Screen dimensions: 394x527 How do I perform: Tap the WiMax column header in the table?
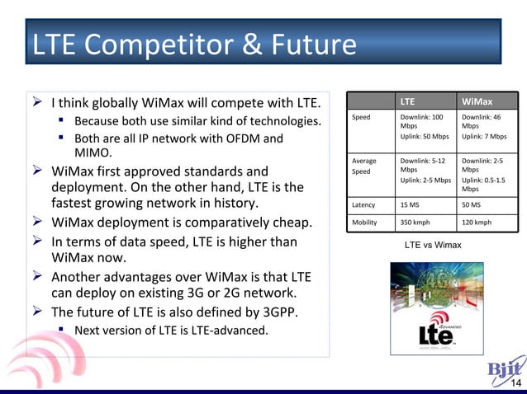click(477, 102)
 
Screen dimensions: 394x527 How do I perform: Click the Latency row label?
click(363, 204)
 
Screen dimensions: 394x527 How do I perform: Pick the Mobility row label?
click(364, 223)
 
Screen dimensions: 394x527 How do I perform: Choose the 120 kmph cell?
click(477, 223)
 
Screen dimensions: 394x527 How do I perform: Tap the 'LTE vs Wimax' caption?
click(433, 246)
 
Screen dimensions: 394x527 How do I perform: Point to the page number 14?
click(515, 384)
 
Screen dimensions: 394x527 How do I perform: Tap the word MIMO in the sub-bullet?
click(93, 153)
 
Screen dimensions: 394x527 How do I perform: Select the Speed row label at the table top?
click(361, 118)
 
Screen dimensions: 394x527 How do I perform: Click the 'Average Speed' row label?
click(364, 166)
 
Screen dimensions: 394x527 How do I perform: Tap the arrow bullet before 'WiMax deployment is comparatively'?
click(38, 222)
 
